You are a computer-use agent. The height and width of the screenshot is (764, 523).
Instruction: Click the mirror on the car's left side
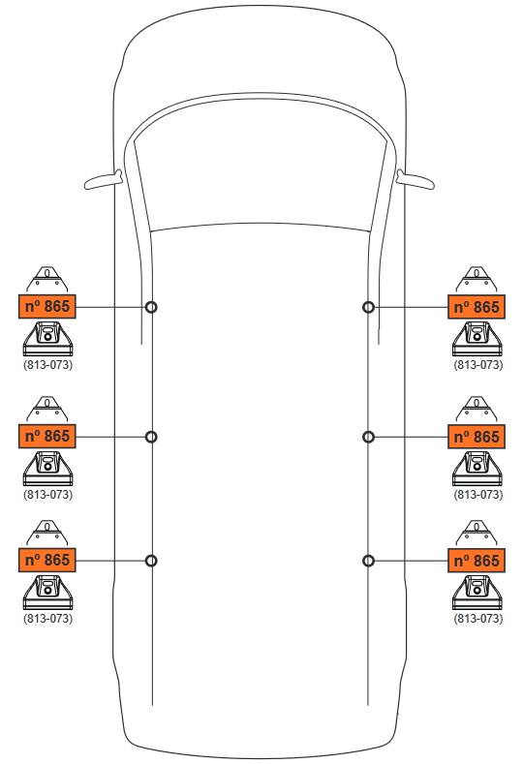pos(103,180)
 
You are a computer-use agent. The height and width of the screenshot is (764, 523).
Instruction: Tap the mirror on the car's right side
pos(415,180)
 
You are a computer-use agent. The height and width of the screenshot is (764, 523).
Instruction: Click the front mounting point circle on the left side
pos(152,307)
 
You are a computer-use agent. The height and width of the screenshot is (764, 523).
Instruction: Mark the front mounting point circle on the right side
pos(368,307)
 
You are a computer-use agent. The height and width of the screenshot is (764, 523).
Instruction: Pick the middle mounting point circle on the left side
pos(152,437)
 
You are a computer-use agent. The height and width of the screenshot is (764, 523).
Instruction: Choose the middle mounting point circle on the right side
pos(368,437)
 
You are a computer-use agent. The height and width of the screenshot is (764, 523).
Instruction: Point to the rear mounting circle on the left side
pos(152,561)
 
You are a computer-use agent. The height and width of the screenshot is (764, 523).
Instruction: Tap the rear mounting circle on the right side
pos(368,561)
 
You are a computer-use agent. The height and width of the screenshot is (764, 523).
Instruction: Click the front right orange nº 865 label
pos(477,307)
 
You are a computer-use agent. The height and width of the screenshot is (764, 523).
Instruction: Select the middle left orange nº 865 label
pos(47,436)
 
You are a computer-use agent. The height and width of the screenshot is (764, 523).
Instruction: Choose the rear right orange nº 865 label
pos(477,561)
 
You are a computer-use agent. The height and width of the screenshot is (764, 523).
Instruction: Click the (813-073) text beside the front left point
pos(47,364)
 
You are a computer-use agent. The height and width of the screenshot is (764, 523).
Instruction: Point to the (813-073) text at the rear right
pos(478,618)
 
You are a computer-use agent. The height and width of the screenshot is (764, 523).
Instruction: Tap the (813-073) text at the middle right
pos(478,494)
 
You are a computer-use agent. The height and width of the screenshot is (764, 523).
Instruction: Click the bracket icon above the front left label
pos(46,279)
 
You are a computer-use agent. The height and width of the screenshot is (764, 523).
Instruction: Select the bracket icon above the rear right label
pos(477,533)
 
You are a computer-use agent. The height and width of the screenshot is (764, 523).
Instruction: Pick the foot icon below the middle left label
pos(47,469)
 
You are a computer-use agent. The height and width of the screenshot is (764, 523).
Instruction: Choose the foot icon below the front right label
pos(477,339)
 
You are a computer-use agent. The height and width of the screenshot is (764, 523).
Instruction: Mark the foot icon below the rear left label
pos(47,592)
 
